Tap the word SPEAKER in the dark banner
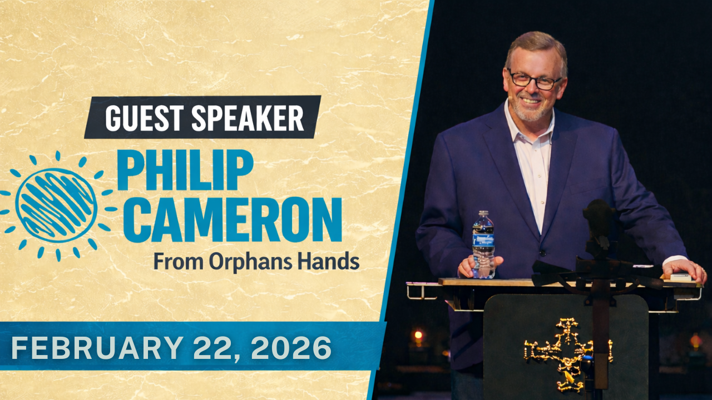pos(248,118)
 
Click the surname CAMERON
pos(236,219)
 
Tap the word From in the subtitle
pos(179,262)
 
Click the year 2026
pos(293,348)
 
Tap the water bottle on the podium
pos(483,244)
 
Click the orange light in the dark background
pos(418,335)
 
